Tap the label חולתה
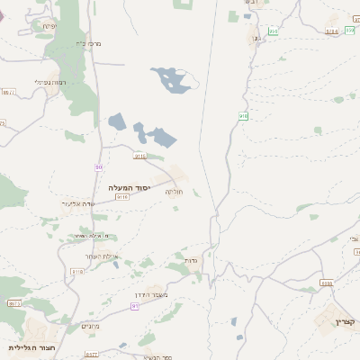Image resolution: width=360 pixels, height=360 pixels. coord(174,192)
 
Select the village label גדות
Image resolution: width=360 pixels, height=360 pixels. coord(191,261)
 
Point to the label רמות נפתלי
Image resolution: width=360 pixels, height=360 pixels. coord(50,82)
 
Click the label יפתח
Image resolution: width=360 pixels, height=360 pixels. coord(48,26)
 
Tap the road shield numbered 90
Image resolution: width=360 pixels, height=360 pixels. coord(99,167)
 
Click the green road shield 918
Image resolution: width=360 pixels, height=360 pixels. coord(243,115)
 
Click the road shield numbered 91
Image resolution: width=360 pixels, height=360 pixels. coord(135,306)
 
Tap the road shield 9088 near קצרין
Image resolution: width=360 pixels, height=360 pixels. coord(326,283)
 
